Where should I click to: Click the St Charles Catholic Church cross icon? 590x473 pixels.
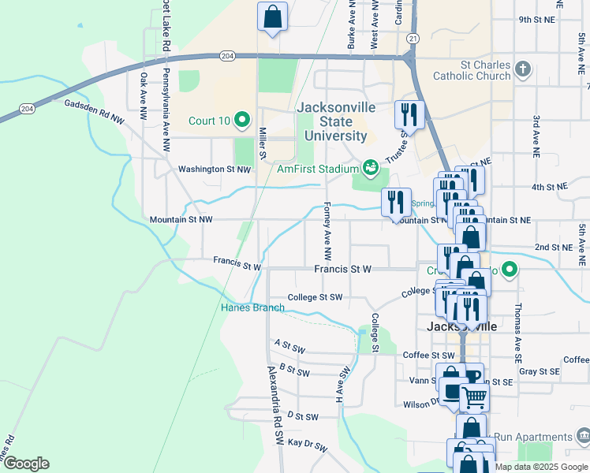click(522, 69)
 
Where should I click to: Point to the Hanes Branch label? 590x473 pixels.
click(252, 307)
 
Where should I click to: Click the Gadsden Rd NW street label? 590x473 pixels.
click(95, 111)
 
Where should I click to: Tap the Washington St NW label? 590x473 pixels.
click(214, 169)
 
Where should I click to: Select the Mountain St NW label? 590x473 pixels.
click(181, 220)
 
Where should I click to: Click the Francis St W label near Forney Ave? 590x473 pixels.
click(342, 269)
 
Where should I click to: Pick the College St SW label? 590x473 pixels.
click(315, 297)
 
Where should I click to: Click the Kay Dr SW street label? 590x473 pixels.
click(307, 445)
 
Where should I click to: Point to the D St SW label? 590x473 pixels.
click(302, 415)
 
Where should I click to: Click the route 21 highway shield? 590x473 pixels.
click(413, 38)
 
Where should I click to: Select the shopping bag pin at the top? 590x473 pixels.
click(272, 17)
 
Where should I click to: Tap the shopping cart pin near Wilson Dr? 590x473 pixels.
click(474, 397)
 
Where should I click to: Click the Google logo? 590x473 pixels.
click(26, 464)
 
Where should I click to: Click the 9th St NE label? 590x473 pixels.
click(538, 20)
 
